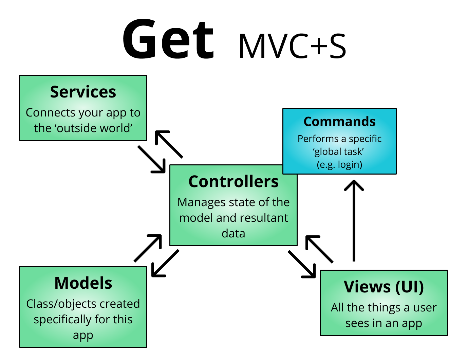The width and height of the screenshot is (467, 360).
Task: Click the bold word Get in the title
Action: (x=168, y=39)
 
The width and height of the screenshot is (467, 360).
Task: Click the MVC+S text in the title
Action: (x=293, y=46)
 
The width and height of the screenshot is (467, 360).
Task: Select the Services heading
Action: (x=83, y=92)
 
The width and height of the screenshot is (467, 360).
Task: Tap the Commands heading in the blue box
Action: (x=339, y=122)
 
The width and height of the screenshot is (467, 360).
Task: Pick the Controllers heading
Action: (x=233, y=181)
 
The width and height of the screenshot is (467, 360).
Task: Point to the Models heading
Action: (x=83, y=283)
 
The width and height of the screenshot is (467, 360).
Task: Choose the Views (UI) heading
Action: (x=384, y=287)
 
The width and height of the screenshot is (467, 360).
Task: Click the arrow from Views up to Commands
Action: (x=354, y=220)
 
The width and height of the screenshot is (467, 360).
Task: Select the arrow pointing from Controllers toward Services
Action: (x=169, y=144)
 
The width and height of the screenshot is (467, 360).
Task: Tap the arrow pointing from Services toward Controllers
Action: (x=151, y=159)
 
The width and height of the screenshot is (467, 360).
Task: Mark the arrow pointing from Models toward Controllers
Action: (x=148, y=248)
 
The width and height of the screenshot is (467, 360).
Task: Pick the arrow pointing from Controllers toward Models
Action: (x=165, y=263)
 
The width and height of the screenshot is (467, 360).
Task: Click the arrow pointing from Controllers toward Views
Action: (x=302, y=264)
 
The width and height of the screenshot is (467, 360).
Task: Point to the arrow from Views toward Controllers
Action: (x=319, y=249)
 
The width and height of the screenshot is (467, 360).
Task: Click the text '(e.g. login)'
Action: (x=339, y=164)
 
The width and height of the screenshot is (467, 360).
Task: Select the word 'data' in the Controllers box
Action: (x=233, y=233)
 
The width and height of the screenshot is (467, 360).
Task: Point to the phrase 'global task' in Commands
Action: (x=338, y=151)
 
